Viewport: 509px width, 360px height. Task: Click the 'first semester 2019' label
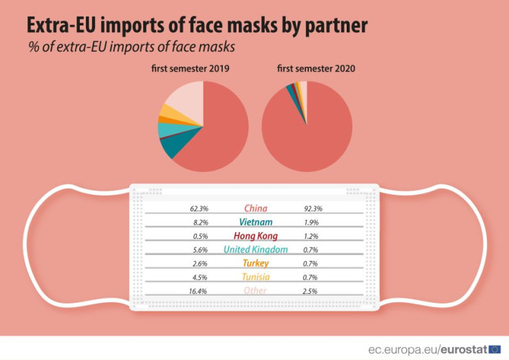tap(191, 69)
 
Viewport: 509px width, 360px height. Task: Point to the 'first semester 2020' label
tap(307, 69)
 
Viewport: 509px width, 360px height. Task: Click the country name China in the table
tap(255, 208)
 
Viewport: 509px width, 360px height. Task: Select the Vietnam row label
tap(255, 222)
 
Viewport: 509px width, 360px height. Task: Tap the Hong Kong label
tap(255, 235)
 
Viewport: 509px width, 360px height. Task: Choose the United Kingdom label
tap(255, 249)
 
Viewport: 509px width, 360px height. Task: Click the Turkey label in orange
tap(255, 263)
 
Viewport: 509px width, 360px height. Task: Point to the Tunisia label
tap(255, 277)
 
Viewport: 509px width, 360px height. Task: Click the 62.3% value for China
tap(199, 208)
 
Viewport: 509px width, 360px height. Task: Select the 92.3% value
tap(313, 208)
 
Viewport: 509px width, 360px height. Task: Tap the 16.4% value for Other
tap(199, 290)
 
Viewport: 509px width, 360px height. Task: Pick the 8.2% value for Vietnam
tap(201, 222)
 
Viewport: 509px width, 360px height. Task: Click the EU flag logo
tap(495, 349)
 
